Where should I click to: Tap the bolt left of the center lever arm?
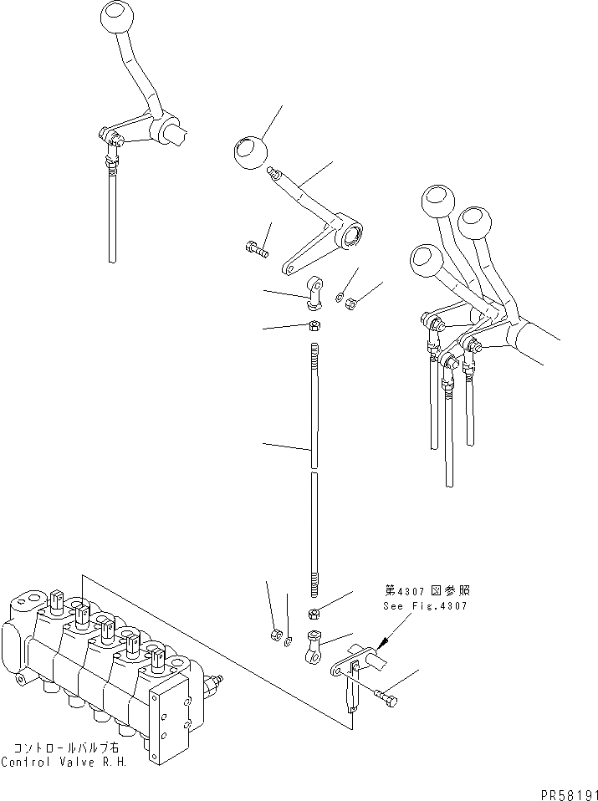[x=256, y=247]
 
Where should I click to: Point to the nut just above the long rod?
[x=315, y=325]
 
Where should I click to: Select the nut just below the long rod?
[x=316, y=614]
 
